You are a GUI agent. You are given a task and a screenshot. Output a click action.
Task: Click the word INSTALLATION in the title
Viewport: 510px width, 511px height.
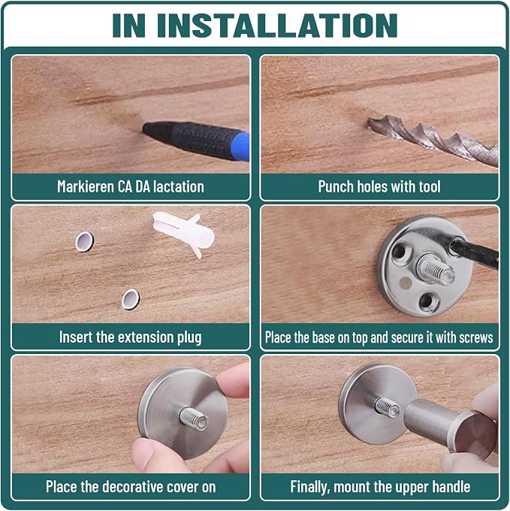(277, 26)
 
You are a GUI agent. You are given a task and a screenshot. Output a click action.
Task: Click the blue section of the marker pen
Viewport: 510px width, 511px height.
(243, 147)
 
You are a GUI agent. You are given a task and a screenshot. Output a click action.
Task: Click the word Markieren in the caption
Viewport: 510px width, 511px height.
(86, 186)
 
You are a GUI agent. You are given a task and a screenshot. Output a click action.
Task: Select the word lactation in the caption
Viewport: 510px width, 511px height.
(179, 186)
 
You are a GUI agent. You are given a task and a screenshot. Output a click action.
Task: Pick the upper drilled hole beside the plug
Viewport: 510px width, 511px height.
(84, 241)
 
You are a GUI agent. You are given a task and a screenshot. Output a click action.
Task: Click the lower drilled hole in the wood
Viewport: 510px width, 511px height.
(131, 299)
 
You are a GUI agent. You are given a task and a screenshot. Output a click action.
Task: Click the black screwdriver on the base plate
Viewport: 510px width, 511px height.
(474, 253)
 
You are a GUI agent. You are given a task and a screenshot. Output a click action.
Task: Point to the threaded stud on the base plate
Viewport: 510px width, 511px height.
(435, 268)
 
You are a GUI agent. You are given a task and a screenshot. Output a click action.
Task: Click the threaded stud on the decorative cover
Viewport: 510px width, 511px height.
(195, 418)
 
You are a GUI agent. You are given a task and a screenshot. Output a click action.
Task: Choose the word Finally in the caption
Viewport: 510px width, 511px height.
(310, 487)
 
